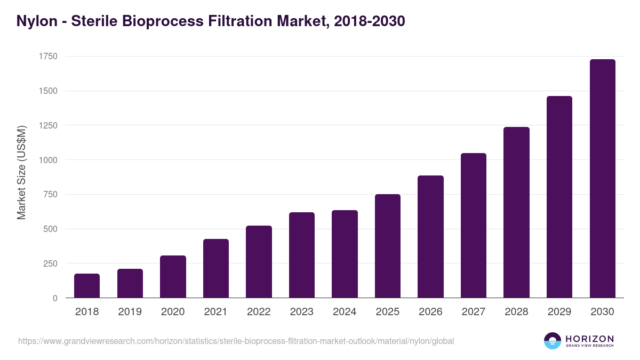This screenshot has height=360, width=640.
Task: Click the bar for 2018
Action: (x=87, y=286)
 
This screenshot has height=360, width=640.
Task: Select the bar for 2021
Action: (x=216, y=268)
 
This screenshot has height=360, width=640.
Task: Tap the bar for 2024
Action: (x=345, y=254)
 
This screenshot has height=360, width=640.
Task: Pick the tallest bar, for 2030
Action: (x=602, y=179)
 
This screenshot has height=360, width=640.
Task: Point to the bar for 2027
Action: (x=474, y=226)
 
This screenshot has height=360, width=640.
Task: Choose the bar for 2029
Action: (x=559, y=197)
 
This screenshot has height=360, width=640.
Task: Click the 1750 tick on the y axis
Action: (x=47, y=57)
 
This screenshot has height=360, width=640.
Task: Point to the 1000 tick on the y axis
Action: (x=47, y=160)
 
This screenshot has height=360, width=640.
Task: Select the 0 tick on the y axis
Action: (x=55, y=298)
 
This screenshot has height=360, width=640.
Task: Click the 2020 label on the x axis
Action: (x=173, y=312)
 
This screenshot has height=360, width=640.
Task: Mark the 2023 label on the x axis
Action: (x=302, y=312)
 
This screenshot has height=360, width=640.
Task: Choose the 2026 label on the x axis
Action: (x=430, y=312)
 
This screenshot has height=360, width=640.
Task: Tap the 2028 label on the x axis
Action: (x=516, y=312)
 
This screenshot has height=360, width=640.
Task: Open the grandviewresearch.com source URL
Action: (x=236, y=341)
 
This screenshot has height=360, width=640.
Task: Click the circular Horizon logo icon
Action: (x=553, y=341)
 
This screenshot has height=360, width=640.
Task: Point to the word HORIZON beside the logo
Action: (x=589, y=338)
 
